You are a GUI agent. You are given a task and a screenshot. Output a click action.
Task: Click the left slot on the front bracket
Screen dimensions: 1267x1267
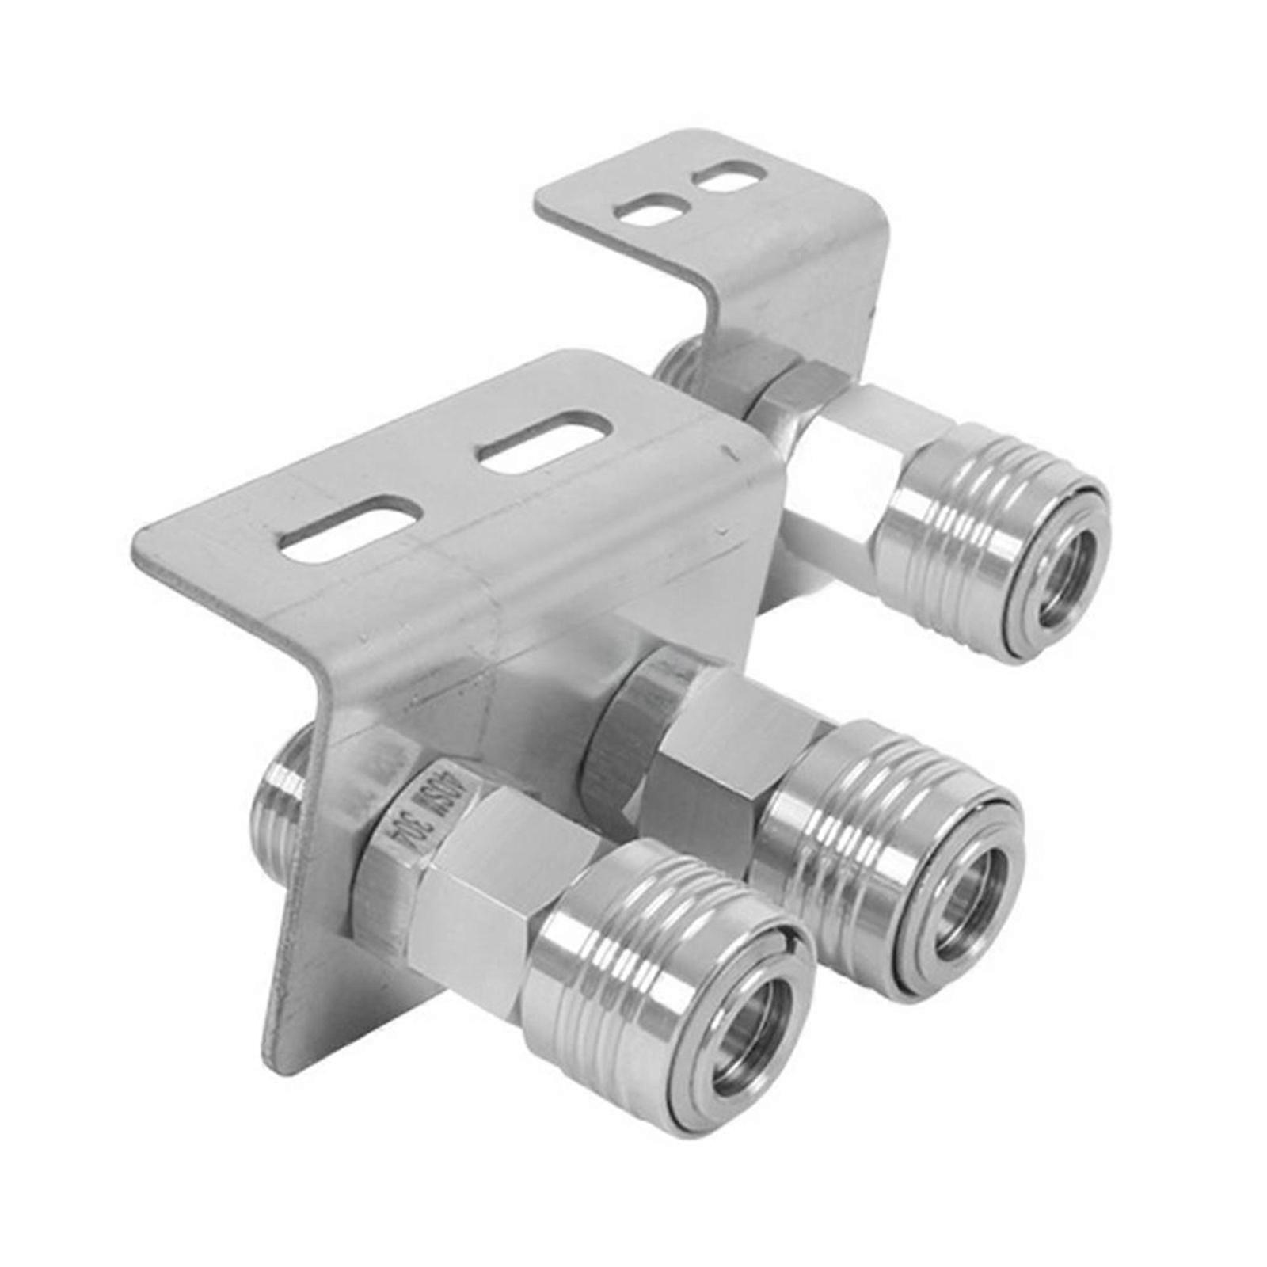click(x=347, y=530)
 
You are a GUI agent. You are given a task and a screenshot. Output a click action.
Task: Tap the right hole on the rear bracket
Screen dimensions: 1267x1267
click(x=724, y=175)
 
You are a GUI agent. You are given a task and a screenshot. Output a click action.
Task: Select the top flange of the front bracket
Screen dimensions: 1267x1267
click(x=443, y=499)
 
